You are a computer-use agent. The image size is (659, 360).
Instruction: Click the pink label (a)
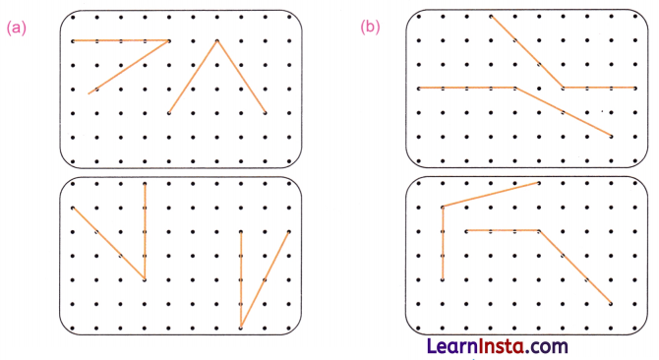(16, 28)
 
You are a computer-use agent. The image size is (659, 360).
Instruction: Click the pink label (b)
(370, 28)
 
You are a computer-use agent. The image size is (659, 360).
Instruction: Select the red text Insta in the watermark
(501, 346)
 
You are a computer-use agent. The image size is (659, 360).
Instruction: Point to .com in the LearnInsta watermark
(547, 346)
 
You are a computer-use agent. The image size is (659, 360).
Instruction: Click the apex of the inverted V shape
(217, 41)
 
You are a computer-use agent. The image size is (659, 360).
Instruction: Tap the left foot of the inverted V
(169, 113)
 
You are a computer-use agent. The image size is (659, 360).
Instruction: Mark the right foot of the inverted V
(266, 113)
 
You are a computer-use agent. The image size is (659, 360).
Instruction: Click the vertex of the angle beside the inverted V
(169, 41)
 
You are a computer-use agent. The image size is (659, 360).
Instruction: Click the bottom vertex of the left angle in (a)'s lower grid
(145, 279)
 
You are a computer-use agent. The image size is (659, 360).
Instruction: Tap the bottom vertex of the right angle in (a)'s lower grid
(241, 327)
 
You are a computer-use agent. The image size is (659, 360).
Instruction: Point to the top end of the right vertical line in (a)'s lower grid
(241, 232)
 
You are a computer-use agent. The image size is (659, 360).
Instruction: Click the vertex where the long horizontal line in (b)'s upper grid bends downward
(514, 88)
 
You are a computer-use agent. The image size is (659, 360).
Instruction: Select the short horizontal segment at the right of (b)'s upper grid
(600, 88)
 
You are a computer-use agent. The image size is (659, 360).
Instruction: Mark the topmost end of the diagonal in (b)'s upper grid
(491, 17)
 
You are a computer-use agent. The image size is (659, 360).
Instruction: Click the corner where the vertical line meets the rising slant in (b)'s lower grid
(443, 207)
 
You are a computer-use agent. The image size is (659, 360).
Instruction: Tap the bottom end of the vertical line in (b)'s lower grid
(443, 279)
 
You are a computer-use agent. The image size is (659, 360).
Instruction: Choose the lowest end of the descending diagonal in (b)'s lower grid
(612, 303)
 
